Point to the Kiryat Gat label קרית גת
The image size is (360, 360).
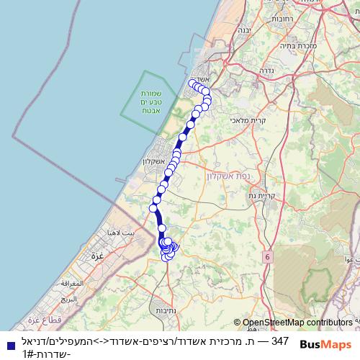[264, 196]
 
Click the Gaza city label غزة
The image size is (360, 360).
[95, 256]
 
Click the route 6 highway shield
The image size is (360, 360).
[268, 256]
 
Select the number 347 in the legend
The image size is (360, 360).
[280, 340]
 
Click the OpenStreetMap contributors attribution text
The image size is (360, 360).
[297, 323]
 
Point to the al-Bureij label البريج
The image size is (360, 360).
[68, 297]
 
